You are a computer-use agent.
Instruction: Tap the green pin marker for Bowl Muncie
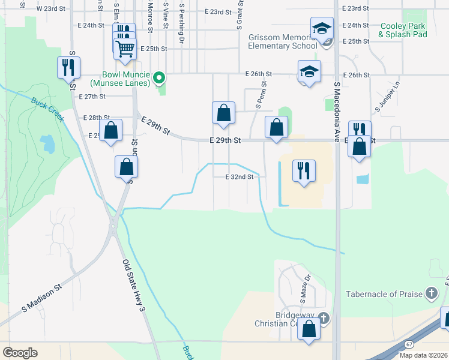coord(159,77)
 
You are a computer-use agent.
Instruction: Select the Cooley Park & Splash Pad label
coord(402,30)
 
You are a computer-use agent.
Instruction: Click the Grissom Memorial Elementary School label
coord(282,41)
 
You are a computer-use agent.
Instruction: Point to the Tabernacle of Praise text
coord(384,294)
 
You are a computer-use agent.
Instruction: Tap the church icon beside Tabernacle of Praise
coord(430,293)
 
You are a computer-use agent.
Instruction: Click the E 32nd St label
coord(240,177)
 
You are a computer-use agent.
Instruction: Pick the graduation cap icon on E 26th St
coord(310,71)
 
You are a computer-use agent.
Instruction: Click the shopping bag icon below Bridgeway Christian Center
coord(309,329)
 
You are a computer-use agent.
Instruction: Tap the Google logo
coord(20,353)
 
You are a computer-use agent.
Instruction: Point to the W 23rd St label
coord(49,9)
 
